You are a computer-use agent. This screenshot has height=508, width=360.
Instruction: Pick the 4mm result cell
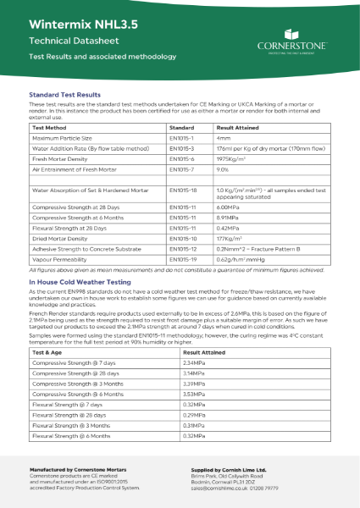(224, 136)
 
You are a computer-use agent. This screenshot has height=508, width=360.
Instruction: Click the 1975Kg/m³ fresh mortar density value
(235, 158)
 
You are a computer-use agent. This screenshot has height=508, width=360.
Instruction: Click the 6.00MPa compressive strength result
(230, 207)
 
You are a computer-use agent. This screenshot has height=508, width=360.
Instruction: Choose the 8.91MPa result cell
(230, 217)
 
